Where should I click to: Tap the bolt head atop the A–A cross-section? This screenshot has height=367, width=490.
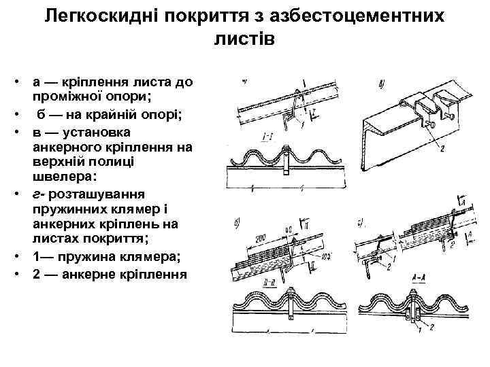(414, 294)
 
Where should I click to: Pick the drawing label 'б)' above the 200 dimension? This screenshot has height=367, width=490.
(235, 222)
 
